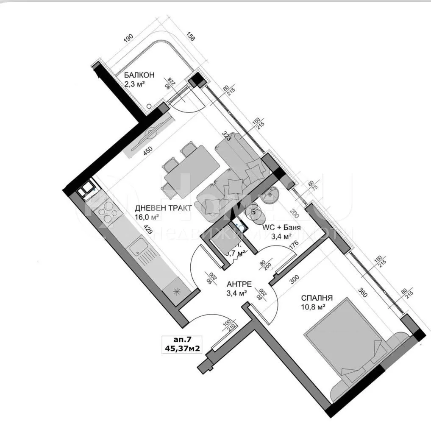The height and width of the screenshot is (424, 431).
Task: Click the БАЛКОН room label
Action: point(139,75)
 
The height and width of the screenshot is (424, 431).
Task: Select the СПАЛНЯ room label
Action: point(317,298)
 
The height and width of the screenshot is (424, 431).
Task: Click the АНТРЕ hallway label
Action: point(240,284)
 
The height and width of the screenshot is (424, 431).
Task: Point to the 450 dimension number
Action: point(147,151)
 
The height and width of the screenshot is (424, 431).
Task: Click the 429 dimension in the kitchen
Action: point(147,230)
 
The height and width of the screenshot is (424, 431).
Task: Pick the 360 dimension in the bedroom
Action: point(361,292)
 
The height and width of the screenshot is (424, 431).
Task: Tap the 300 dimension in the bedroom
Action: point(295,280)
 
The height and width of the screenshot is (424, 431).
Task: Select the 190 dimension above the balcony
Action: point(128,38)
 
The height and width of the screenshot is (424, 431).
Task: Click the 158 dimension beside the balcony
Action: point(191,36)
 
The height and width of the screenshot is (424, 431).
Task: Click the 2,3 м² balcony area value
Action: point(135,84)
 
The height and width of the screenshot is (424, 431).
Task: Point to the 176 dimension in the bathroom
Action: point(294,246)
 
